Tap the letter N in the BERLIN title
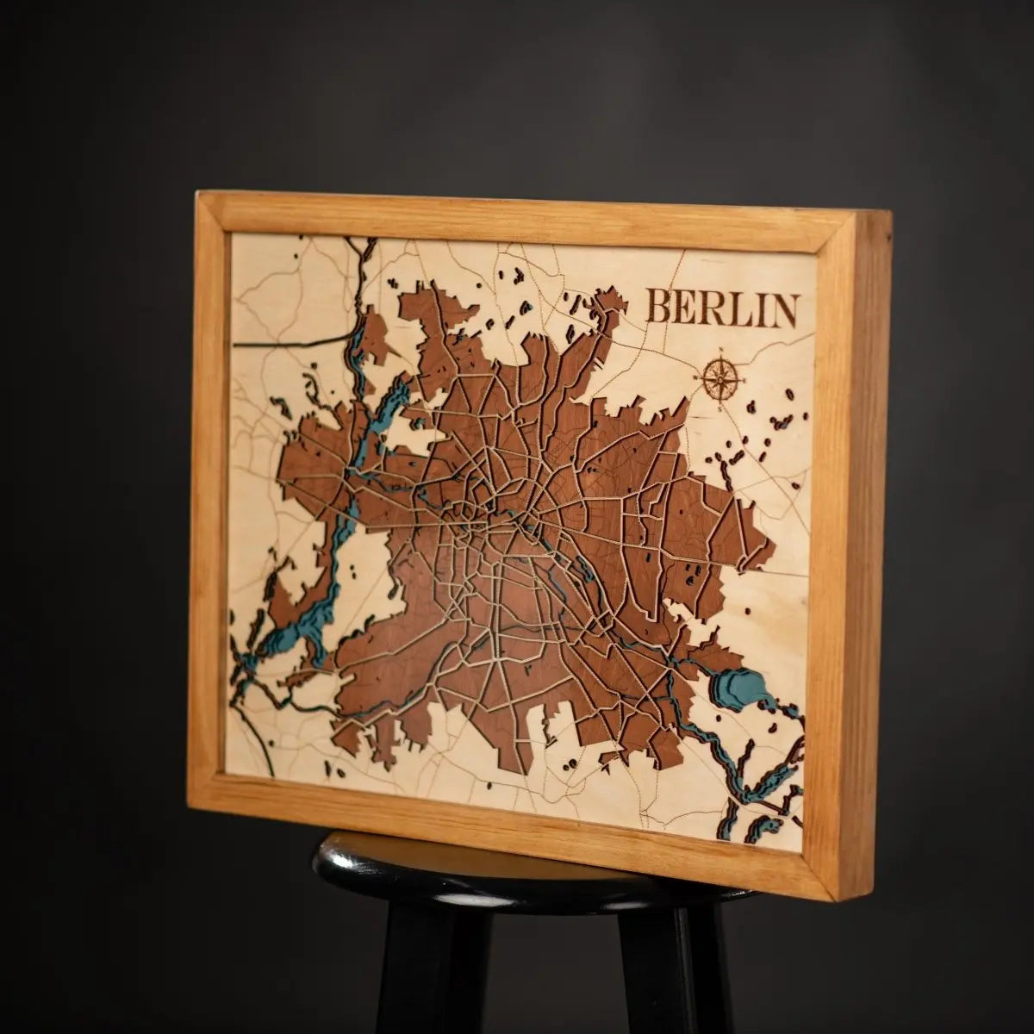781,311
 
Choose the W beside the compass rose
694,377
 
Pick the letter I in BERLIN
757,309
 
